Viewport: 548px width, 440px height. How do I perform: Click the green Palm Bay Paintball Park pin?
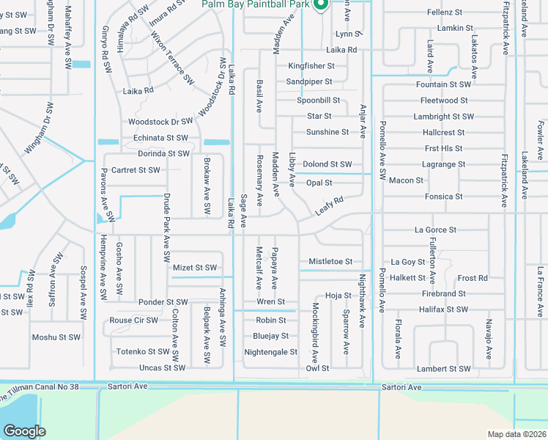[320, 5]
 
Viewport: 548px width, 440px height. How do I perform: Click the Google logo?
[24, 430]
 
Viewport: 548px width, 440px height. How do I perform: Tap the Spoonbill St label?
[319, 100]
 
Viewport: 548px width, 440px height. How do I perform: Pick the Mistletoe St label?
[330, 262]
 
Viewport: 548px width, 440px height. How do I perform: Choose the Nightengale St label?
[270, 352]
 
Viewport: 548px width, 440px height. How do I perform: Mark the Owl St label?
[317, 369]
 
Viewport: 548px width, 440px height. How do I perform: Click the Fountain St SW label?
[443, 85]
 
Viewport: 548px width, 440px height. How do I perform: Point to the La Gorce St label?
[435, 230]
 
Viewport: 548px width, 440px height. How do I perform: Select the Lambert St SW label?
[443, 369]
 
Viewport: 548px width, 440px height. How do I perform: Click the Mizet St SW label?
[194, 268]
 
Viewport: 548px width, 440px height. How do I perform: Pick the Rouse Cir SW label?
[133, 320]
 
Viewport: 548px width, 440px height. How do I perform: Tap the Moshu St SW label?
[55, 337]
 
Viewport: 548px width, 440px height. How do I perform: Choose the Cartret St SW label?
[136, 170]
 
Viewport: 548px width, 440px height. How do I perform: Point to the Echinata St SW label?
[160, 138]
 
